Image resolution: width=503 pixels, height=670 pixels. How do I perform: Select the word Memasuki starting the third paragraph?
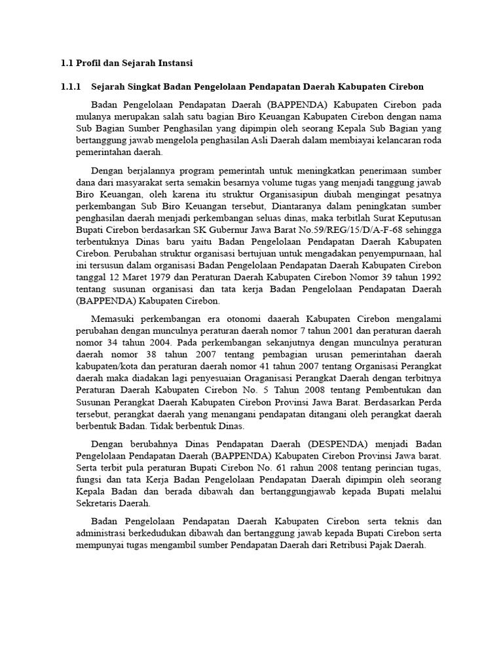[x=113, y=319]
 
